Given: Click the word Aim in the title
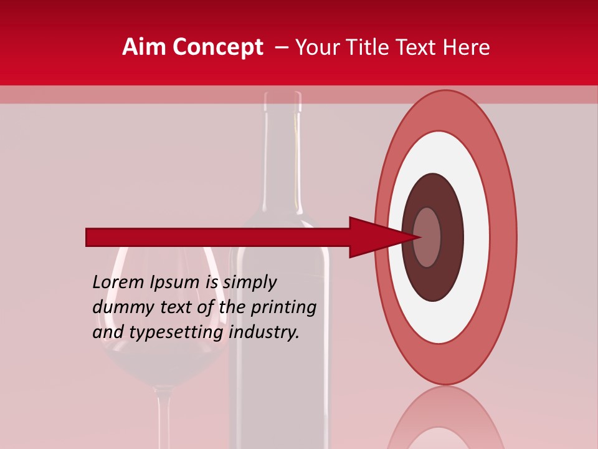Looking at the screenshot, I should point(145,47).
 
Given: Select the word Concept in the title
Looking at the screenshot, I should point(218,47).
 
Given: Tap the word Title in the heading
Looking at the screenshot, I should point(374,47).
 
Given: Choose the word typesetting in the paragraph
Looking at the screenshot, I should point(176,333).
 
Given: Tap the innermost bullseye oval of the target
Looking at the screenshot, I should point(427,238).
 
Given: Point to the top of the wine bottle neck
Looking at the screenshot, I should point(283,97).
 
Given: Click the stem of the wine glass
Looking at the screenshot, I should point(164,418).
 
